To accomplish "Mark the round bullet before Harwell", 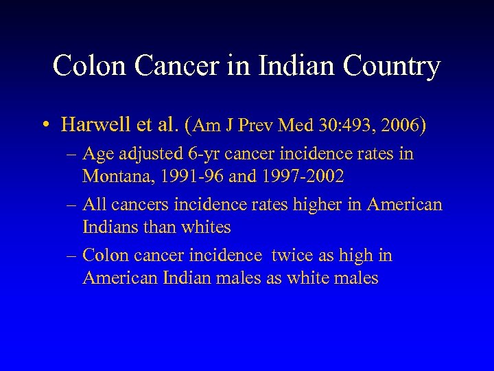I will point(44,126).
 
